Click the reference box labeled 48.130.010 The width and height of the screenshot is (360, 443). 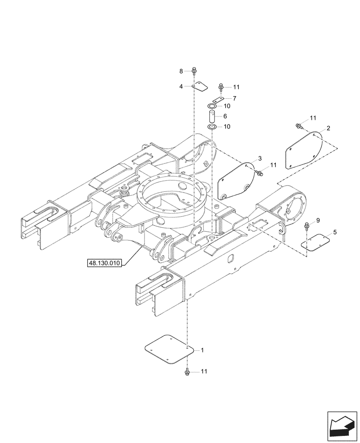click(105, 263)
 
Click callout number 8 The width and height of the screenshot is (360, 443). click(181, 71)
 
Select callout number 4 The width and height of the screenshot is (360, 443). click(181, 86)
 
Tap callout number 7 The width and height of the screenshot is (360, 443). click(235, 98)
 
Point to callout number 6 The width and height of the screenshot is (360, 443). click(225, 116)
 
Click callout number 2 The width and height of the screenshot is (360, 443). click(328, 128)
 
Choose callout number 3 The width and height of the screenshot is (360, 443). click(260, 158)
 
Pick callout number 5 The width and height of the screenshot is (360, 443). click(335, 232)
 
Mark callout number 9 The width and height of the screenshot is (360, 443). click(317, 221)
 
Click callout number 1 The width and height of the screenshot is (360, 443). click(202, 350)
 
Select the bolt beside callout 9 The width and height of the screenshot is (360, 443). click(307, 226)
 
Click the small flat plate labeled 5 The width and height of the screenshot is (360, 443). click(316, 242)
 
